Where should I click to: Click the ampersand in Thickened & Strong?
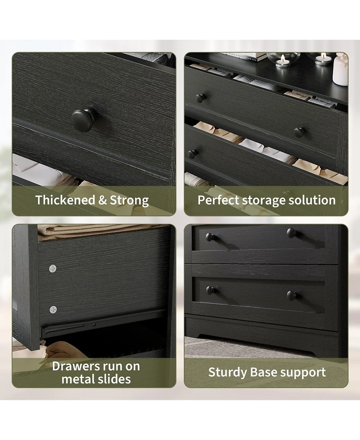(x=103, y=200)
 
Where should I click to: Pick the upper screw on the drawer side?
(x=53, y=268)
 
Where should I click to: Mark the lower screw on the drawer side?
(x=53, y=309)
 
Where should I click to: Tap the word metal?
(x=78, y=379)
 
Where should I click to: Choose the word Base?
(x=264, y=372)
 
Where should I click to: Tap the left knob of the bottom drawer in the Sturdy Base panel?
(x=210, y=290)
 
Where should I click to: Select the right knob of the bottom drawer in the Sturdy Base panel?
(x=292, y=295)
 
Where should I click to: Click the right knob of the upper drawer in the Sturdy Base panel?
(x=292, y=232)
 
